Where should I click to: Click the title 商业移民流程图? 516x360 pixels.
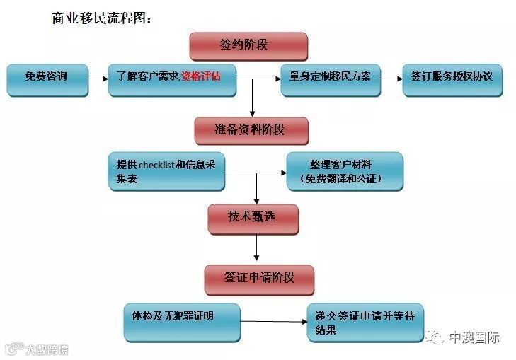(102, 18)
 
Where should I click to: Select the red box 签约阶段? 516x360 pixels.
(248, 45)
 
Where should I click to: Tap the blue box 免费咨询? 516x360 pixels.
(47, 80)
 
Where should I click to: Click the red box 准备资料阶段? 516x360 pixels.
(251, 131)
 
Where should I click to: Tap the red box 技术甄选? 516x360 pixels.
(252, 219)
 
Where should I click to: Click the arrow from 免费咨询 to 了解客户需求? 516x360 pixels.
(98, 80)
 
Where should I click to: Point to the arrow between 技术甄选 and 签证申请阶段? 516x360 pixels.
(256, 248)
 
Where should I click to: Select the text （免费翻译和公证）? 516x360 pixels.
(345, 179)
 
